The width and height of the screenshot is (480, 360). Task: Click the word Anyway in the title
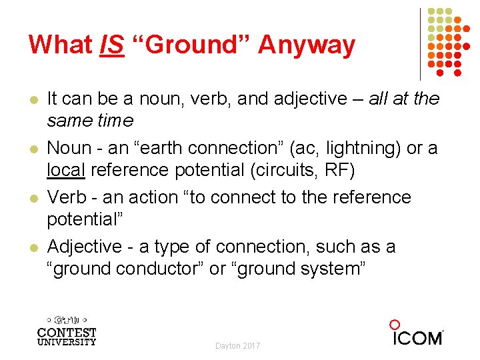pos(307,45)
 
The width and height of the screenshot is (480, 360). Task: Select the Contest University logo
pos(67,330)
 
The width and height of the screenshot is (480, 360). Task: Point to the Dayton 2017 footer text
pos(238,346)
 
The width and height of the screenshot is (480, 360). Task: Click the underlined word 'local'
pos(66,170)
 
